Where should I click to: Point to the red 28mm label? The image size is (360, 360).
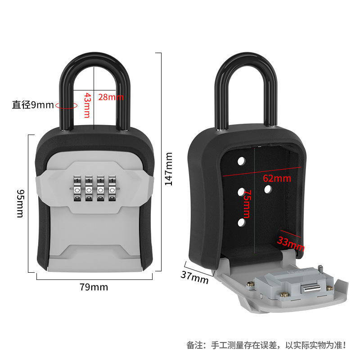point(111,97)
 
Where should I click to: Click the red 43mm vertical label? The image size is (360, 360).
point(87,106)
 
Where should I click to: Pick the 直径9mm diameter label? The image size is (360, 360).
point(32,105)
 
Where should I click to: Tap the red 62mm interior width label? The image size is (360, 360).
point(277,178)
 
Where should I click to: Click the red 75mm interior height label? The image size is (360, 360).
point(247,204)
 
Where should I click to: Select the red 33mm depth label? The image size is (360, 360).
point(290,243)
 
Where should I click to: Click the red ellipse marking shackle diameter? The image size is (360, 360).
point(66,106)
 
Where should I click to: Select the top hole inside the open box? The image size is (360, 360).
point(240,161)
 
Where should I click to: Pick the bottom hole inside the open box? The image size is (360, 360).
point(241,222)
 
